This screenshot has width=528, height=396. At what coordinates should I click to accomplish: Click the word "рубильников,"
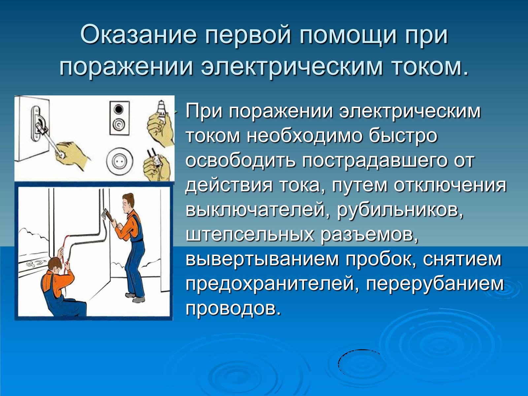400,211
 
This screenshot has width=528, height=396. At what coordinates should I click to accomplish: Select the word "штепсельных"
250,235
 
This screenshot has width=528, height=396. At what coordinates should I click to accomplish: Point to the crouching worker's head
56,265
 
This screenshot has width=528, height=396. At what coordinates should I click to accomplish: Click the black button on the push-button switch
118,110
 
